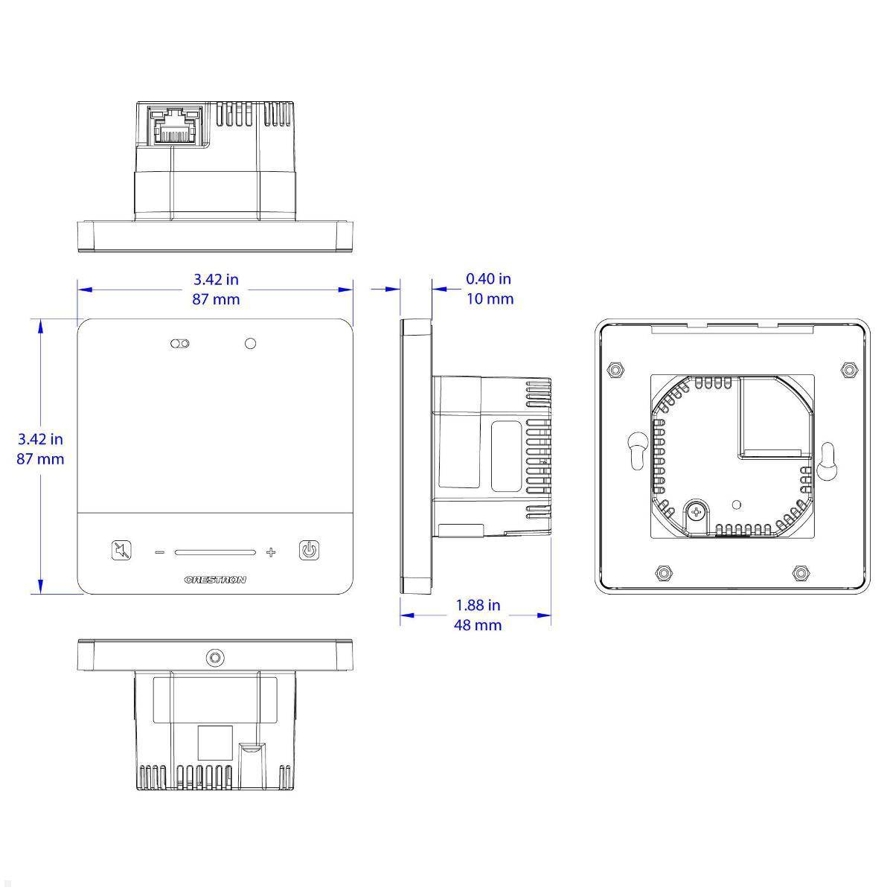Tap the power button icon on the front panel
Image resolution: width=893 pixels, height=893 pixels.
310,551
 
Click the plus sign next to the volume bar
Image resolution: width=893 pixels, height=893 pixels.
271,552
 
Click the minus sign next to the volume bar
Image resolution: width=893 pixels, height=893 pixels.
159,552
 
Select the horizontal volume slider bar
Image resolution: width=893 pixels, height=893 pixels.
215,552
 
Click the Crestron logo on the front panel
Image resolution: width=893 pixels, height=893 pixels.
214,580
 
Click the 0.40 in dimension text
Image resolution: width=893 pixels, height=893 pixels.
488,279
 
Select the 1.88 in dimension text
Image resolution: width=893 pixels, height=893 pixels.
478,605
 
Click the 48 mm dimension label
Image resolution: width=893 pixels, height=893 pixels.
478,625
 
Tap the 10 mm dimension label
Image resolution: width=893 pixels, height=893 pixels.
489,298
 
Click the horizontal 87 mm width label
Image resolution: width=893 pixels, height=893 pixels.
216,299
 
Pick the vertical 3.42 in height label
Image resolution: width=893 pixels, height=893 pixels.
40,439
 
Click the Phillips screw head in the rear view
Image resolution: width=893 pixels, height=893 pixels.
697,512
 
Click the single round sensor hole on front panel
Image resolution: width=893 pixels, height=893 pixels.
250,344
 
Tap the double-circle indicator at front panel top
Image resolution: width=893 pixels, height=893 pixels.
180,344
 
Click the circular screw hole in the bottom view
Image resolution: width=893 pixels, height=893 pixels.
215,658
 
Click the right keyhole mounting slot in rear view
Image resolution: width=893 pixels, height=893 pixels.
827,465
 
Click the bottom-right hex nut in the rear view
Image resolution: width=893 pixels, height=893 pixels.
801,573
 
